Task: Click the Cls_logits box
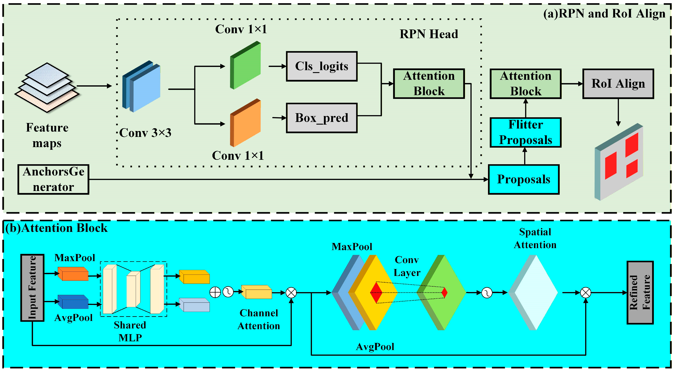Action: click(322, 66)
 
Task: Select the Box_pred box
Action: click(322, 118)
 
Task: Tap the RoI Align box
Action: click(618, 84)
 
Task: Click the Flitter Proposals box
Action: click(525, 132)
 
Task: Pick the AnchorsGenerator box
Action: click(53, 179)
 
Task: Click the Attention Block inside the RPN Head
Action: click(429, 84)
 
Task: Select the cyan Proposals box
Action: click(523, 179)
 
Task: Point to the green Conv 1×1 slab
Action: click(245, 66)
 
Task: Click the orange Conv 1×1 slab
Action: click(245, 123)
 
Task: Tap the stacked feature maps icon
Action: click(47, 88)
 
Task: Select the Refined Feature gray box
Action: click(640, 292)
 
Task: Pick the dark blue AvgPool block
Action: click(73, 302)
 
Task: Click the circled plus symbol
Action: click(215, 292)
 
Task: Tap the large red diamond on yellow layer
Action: click(376, 292)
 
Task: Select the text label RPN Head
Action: click(429, 34)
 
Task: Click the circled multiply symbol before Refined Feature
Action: click(586, 292)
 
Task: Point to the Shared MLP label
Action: click(130, 331)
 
